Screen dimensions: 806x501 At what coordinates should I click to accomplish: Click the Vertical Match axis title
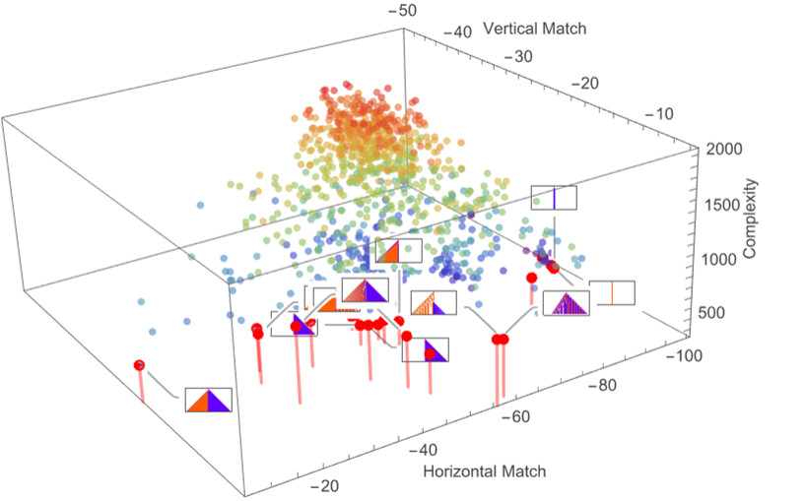tap(535, 29)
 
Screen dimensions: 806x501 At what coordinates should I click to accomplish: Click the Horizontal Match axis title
tap(484, 471)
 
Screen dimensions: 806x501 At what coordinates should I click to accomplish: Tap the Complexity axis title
tap(750, 219)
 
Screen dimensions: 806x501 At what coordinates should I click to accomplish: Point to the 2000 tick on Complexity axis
tap(724, 149)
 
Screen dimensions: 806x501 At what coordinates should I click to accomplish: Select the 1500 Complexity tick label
tap(721, 205)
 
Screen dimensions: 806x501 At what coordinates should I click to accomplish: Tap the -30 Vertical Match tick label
tap(518, 56)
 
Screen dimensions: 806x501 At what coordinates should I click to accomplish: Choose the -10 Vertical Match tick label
tap(658, 114)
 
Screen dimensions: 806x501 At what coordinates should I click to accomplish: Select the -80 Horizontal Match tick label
tap(601, 385)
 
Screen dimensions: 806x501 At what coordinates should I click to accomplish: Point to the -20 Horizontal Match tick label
tap(324, 485)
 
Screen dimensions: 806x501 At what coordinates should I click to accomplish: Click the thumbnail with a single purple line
tap(554, 198)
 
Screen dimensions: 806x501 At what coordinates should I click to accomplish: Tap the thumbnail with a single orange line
tap(612, 292)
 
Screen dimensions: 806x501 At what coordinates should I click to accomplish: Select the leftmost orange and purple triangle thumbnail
tap(208, 400)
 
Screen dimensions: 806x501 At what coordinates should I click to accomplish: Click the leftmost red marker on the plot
tap(139, 365)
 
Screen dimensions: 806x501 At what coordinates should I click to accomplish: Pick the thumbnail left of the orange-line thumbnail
tap(566, 303)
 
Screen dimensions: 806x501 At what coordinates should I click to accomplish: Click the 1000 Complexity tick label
tap(718, 259)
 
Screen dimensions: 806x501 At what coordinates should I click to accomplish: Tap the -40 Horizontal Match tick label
tap(423, 451)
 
